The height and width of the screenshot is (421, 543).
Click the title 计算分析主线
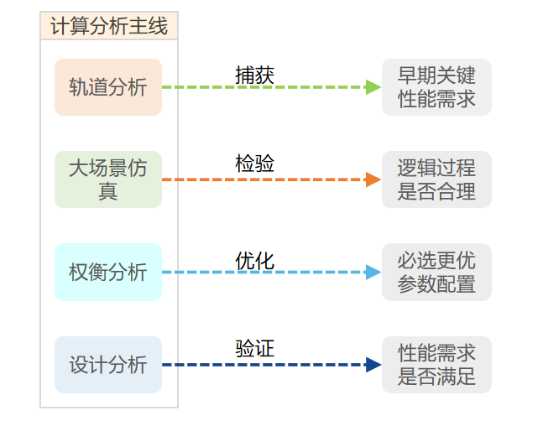click(108, 26)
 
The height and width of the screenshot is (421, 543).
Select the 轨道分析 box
click(107, 87)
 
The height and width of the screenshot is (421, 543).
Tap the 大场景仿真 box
click(107, 179)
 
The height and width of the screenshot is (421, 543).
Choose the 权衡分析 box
click(107, 272)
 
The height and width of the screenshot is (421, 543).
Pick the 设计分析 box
click(107, 365)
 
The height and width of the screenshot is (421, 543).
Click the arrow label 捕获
click(254, 75)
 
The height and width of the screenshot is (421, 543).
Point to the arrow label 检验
click(254, 164)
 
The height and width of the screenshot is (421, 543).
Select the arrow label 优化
click(254, 260)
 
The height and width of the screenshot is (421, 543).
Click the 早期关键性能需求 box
click(436, 87)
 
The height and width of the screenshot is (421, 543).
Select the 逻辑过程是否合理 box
click(436, 179)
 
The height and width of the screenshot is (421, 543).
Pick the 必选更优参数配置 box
click(436, 272)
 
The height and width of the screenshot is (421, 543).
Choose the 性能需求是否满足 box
click(436, 365)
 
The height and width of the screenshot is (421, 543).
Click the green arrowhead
click(373, 87)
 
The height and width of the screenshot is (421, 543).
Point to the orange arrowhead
click(373, 179)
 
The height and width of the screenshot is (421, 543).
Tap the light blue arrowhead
click(373, 272)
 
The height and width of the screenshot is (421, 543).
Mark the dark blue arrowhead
click(373, 365)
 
